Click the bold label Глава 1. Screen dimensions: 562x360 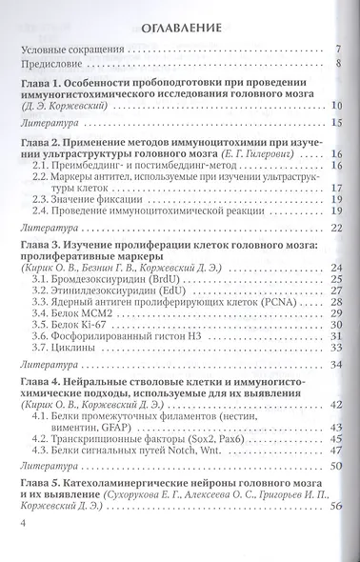(44, 87)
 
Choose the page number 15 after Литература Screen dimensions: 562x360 (336, 123)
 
